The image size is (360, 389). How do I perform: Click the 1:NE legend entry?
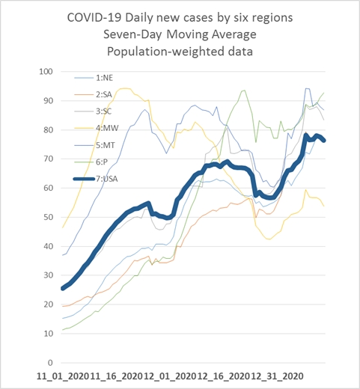point(94,78)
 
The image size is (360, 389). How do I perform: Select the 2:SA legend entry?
point(93,95)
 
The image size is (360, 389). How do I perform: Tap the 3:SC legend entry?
point(93,111)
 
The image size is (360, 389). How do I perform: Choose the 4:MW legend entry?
point(97,128)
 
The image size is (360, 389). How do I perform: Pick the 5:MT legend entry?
point(94,145)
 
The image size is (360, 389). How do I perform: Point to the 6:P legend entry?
point(91,162)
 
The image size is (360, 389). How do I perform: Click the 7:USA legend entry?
point(95,179)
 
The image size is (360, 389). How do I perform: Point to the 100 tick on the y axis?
point(46,72)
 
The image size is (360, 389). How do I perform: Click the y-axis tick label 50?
point(49,217)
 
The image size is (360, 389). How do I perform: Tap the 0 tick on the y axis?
point(50,363)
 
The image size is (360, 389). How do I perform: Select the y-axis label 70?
point(49,159)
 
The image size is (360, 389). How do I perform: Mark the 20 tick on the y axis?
point(49,304)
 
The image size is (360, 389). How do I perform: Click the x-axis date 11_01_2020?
point(63,376)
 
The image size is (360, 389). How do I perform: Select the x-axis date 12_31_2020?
point(278,376)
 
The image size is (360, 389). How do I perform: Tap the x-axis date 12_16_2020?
point(224,376)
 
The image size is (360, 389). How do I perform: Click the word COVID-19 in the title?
point(95,18)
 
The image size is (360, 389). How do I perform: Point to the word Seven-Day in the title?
point(132,34)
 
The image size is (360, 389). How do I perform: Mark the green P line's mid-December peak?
point(244,91)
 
